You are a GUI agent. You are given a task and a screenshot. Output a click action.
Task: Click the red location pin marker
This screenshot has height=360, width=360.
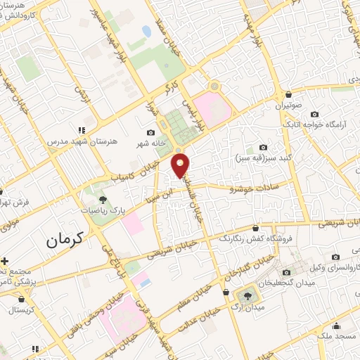(181, 165)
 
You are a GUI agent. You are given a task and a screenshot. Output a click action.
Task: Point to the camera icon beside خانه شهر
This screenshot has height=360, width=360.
(150, 132)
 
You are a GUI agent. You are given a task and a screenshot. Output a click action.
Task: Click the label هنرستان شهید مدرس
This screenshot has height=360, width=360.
(73, 141)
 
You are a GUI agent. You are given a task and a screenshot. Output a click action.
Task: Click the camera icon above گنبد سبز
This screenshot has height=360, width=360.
(263, 147)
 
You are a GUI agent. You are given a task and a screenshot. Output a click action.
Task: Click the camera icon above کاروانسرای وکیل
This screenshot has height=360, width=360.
(335, 257)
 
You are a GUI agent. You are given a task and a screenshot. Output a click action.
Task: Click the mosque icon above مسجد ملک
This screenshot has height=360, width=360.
(337, 326)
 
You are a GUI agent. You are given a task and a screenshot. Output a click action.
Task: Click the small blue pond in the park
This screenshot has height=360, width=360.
(146, 32)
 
